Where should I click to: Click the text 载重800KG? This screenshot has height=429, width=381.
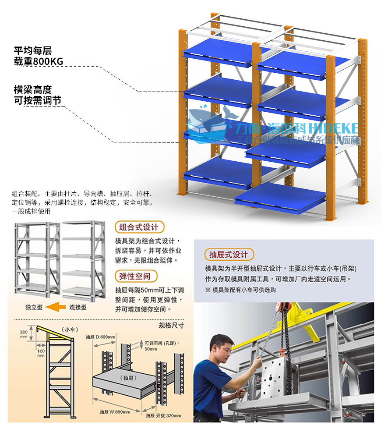pyautogui.click(x=39, y=61)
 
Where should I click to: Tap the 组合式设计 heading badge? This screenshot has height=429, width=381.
pyautogui.click(x=139, y=227)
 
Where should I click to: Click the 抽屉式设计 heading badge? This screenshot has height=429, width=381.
pyautogui.click(x=229, y=254)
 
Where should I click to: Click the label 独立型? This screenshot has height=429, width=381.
pyautogui.click(x=33, y=307)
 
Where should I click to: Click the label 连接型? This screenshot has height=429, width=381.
pyautogui.click(x=78, y=307)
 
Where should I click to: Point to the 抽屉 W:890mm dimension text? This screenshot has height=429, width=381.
pyautogui.click(x=114, y=412)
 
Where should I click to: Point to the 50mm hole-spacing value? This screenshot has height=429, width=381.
pyautogui.click(x=150, y=349)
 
